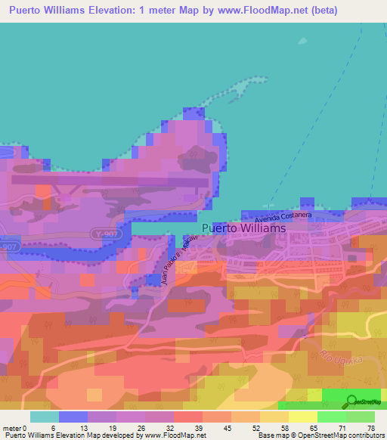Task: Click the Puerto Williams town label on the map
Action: pos(244,228)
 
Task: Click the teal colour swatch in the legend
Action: pos(45,417)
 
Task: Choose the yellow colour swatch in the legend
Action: pos(303,417)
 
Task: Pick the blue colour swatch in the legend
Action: pos(73,417)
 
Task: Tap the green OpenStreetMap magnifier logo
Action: pos(352,401)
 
